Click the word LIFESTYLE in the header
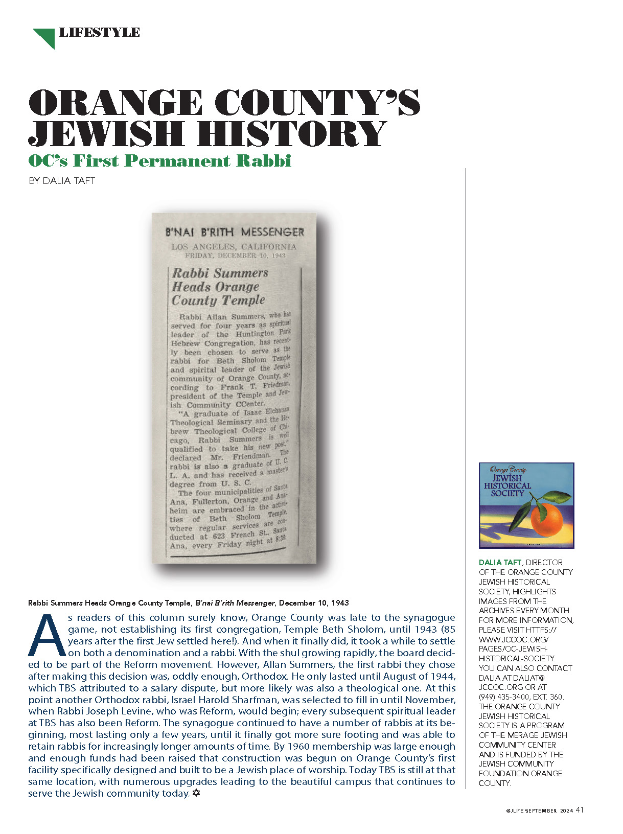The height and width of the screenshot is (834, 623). pyautogui.click(x=100, y=33)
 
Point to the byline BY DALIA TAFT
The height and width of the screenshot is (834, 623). pyautogui.click(x=62, y=181)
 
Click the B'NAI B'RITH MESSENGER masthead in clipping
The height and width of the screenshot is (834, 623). pyautogui.click(x=235, y=233)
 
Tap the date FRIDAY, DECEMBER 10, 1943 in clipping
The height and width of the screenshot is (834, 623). pyautogui.click(x=235, y=255)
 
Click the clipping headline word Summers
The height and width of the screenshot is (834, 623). pyautogui.click(x=241, y=273)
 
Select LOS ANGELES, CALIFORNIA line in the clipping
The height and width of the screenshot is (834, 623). pyautogui.click(x=234, y=247)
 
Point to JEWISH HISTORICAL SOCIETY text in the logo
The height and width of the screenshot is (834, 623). pyautogui.click(x=507, y=485)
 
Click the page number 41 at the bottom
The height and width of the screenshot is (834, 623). pyautogui.click(x=580, y=810)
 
